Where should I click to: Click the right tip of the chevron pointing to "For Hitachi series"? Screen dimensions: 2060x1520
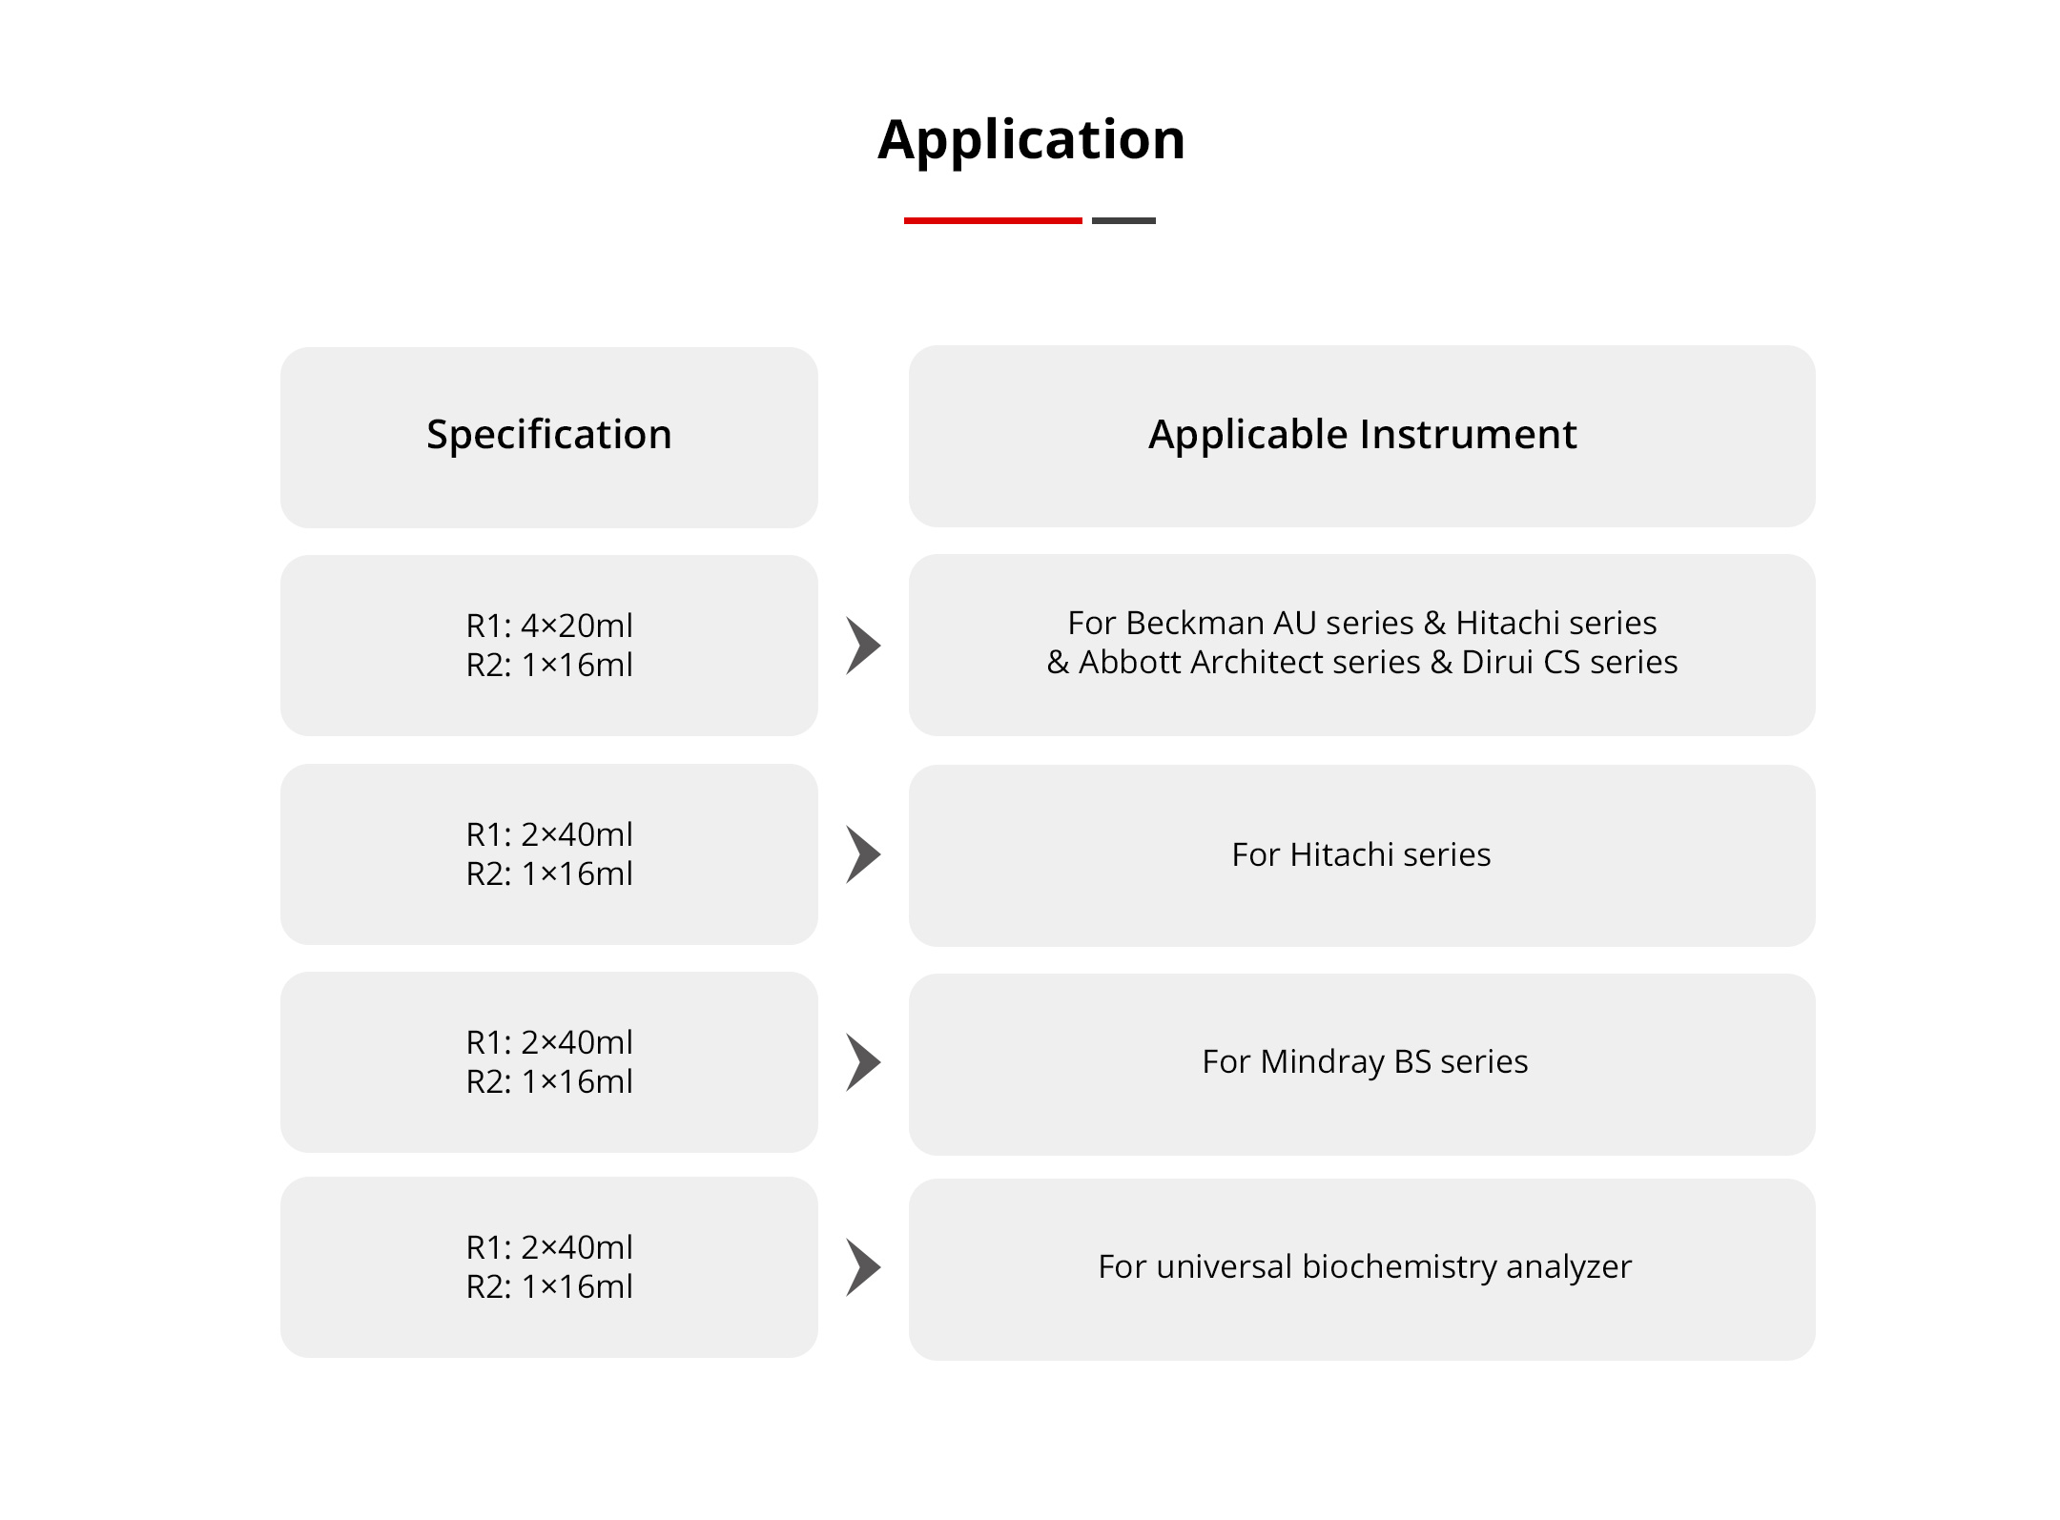(x=881, y=854)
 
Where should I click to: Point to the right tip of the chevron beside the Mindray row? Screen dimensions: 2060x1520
(x=881, y=1062)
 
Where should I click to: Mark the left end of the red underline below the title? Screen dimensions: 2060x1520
(x=904, y=220)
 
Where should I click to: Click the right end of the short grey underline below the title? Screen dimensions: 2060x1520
(x=1156, y=220)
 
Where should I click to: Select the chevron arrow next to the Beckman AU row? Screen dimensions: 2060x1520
(x=863, y=646)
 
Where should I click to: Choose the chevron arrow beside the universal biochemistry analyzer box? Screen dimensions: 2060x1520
(x=863, y=1267)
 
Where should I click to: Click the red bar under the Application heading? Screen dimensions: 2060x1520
(x=993, y=220)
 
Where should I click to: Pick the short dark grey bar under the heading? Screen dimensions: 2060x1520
(x=1123, y=220)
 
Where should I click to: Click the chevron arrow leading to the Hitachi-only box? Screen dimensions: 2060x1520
(x=863, y=854)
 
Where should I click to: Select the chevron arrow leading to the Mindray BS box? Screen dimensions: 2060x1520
(x=863, y=1062)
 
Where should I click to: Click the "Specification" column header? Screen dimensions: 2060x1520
(x=549, y=435)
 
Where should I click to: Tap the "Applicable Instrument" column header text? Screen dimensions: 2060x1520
(x=1362, y=435)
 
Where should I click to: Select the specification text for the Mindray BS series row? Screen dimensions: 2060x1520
(x=549, y=1062)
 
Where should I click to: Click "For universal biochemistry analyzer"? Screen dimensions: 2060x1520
(x=1365, y=1267)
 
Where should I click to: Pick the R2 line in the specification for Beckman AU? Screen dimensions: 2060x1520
(x=549, y=665)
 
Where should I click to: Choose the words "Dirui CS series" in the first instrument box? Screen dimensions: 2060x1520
(x=1570, y=662)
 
